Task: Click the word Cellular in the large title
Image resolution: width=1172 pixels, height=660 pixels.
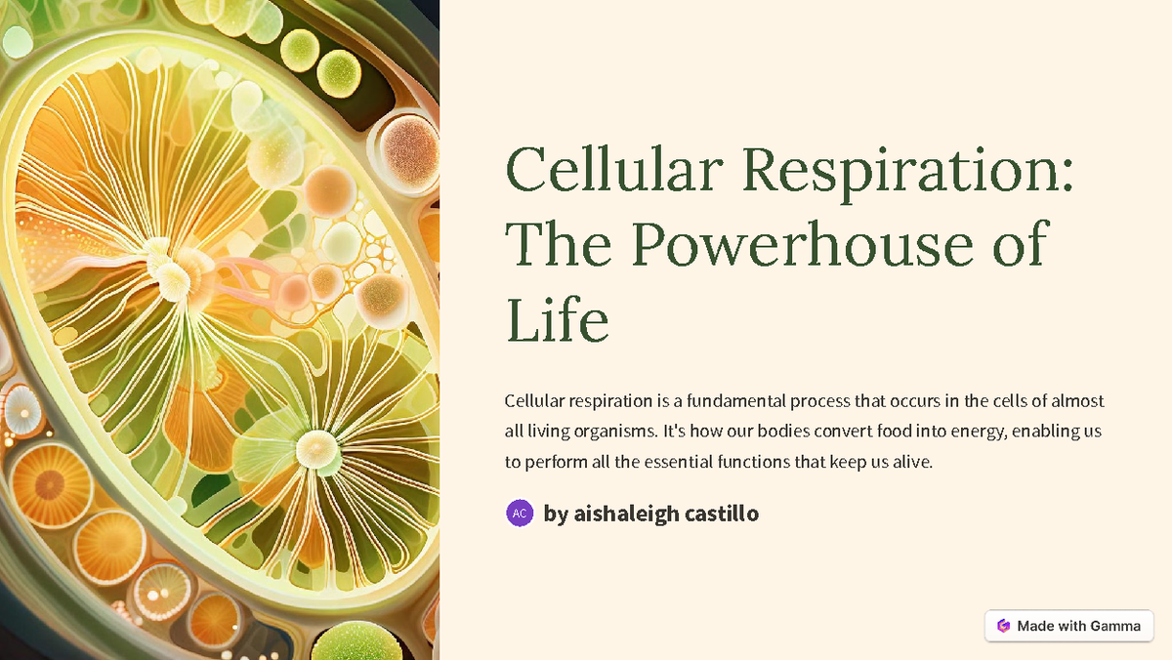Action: (613, 169)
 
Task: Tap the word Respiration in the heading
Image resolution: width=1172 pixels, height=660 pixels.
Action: (907, 169)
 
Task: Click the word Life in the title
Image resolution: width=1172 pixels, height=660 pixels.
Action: (558, 320)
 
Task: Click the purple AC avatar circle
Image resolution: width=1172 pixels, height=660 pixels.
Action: (520, 513)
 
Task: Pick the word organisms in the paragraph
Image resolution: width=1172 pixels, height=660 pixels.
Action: (607, 432)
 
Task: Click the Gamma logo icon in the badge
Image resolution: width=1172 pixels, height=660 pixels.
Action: (1002, 626)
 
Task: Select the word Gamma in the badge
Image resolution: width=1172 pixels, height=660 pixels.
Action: (1115, 626)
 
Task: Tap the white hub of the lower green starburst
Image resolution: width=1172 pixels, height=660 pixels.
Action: (316, 447)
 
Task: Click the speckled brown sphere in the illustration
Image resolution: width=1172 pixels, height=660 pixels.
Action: (408, 144)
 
